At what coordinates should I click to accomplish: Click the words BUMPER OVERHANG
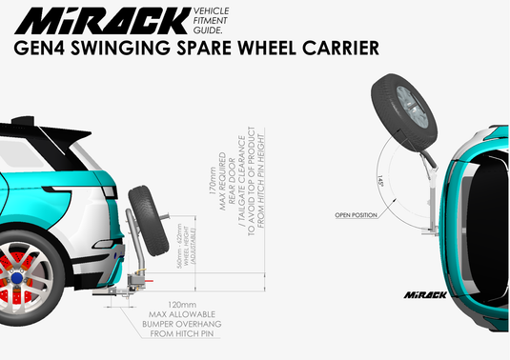click(x=172, y=325)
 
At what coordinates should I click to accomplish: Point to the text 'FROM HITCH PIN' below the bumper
click(x=172, y=335)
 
